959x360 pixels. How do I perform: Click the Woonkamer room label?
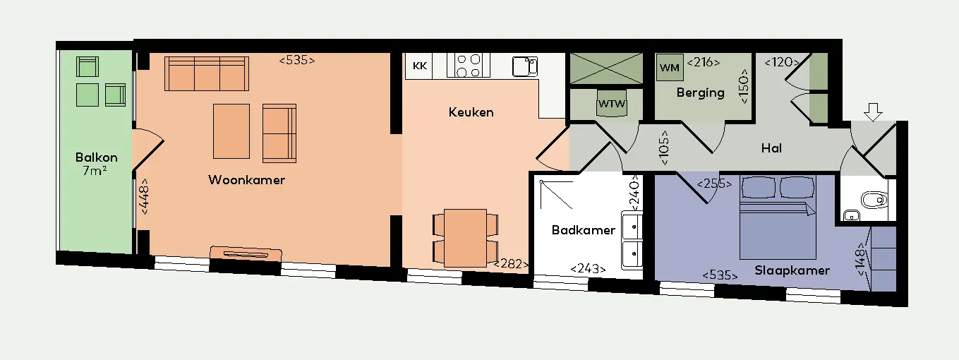(x=246, y=180)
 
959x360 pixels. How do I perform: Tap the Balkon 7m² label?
(x=96, y=164)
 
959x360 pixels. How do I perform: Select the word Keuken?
(x=471, y=112)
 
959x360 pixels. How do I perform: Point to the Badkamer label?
(x=584, y=230)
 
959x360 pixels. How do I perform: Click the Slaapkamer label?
(x=792, y=270)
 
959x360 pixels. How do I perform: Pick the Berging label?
(x=701, y=93)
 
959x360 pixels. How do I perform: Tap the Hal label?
(x=771, y=148)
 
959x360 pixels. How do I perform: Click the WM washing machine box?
(x=670, y=68)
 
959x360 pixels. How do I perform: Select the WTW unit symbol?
(x=612, y=103)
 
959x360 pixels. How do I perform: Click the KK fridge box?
(x=420, y=66)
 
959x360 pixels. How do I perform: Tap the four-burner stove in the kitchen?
(x=469, y=66)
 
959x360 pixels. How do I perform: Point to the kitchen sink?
(x=525, y=66)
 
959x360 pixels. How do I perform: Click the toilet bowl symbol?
(x=874, y=200)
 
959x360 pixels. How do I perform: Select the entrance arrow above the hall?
(x=873, y=112)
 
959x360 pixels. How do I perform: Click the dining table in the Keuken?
(x=465, y=238)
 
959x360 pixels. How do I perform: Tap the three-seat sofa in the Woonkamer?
(x=207, y=73)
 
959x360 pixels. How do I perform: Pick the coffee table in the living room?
(x=231, y=131)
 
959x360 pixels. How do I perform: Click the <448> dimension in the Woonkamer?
(x=145, y=196)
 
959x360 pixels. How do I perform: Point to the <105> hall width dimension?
(x=664, y=148)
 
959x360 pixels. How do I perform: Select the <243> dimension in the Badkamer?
(x=589, y=269)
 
